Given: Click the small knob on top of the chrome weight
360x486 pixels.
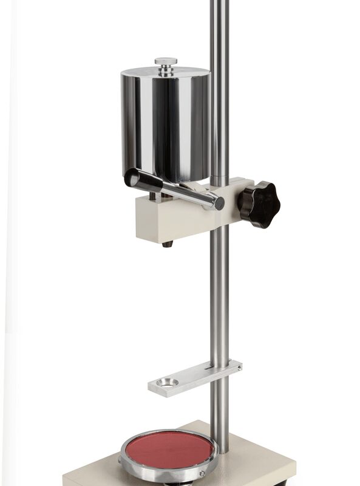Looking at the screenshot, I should [166, 61].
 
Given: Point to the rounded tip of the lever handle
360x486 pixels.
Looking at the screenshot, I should [132, 179].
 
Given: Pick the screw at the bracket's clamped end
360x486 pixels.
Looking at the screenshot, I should [239, 366].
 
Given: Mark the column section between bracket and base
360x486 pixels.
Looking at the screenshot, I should [220, 419].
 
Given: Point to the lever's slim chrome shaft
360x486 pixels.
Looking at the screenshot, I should [182, 191].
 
